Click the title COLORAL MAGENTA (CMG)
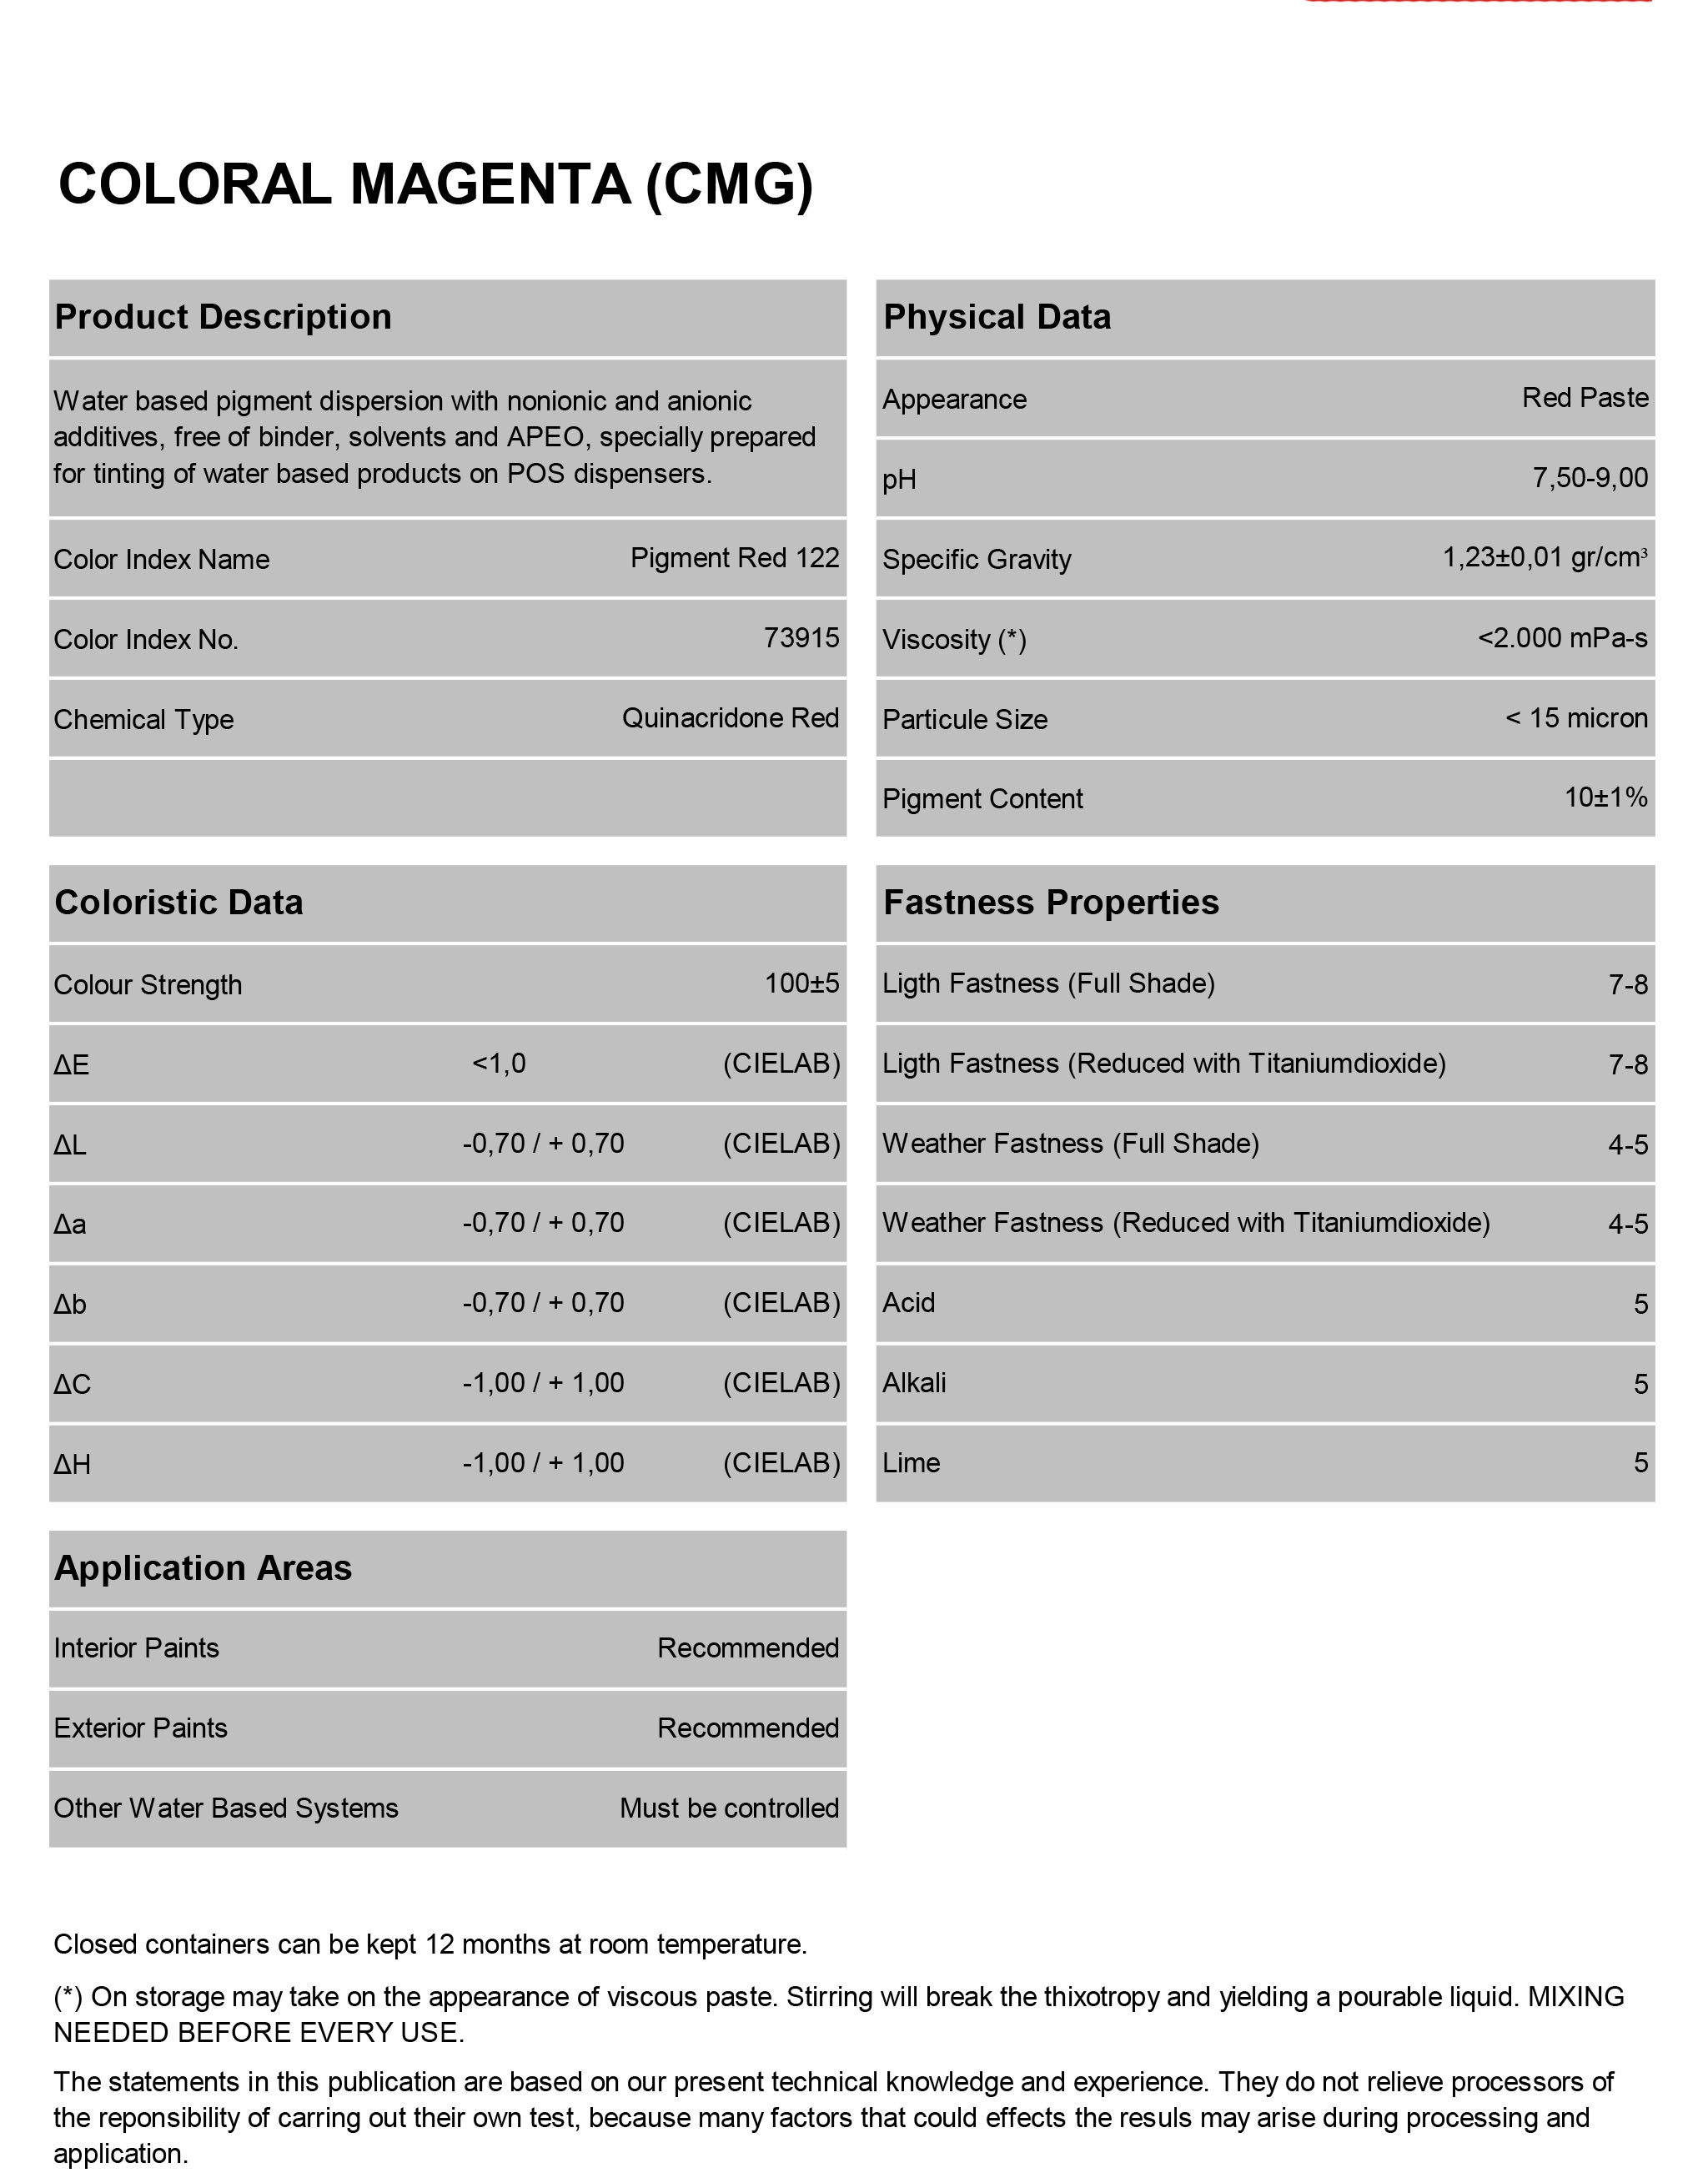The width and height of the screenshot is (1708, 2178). (435, 185)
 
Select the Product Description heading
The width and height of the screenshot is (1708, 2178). (222, 317)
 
